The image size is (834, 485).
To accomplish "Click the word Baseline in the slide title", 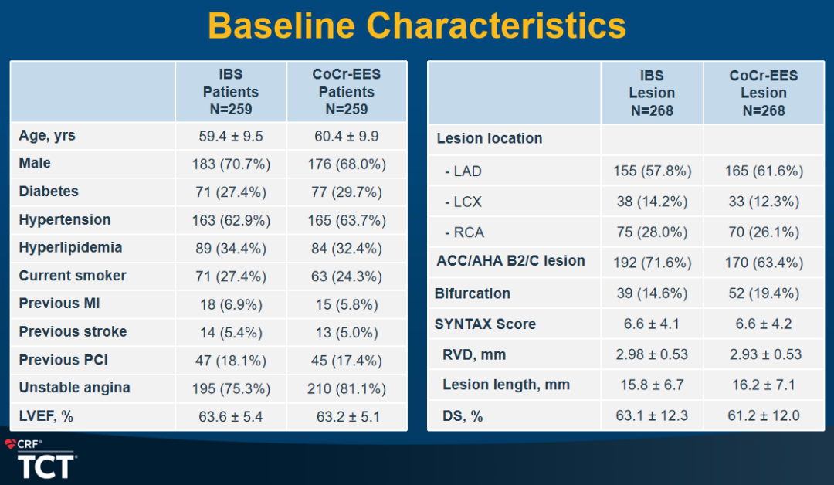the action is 281,25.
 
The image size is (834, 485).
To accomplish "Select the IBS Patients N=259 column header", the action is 231,91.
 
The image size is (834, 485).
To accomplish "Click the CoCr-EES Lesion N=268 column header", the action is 763,93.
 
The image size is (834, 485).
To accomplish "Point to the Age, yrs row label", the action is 47,136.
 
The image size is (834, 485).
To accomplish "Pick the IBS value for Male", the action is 231,164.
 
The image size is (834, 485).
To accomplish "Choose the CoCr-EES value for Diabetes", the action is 347,192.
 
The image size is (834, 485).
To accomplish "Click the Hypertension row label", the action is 65,219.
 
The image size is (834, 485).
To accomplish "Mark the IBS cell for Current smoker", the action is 231,276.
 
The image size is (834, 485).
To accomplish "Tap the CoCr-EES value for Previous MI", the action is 347,305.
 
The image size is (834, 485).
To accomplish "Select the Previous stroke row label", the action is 73,332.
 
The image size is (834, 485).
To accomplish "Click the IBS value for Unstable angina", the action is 231,388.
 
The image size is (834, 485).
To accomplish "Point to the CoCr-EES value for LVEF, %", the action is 348,416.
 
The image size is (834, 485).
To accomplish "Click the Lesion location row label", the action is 490,139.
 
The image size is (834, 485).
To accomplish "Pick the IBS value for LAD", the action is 652,171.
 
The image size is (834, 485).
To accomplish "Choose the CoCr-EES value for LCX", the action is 764,202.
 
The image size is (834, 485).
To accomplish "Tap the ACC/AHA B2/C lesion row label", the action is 510,261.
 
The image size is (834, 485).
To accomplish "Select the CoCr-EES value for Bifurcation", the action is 764,293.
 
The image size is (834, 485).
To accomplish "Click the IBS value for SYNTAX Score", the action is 652,324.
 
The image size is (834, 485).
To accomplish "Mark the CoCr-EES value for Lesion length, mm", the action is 764,385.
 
